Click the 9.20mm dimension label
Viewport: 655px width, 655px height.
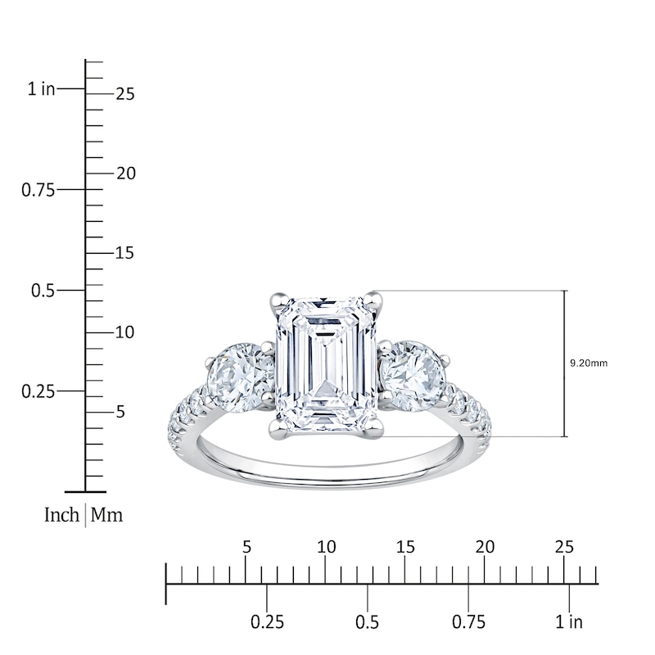589,363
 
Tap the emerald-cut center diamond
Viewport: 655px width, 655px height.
326,364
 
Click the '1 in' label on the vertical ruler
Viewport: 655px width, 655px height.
42,89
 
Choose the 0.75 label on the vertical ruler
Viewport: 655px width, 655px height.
38,190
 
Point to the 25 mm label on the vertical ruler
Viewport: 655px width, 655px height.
124,94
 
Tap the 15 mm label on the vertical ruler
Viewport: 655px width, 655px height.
124,253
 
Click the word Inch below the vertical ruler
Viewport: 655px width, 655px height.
61,516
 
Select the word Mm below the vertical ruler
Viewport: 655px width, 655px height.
106,516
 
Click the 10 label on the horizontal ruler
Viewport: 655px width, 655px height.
326,546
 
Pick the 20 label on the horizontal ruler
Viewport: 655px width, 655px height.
485,546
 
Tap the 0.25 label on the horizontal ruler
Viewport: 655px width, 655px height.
267,622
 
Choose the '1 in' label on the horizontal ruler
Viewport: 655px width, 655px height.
568,622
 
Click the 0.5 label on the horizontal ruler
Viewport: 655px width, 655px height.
368,622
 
